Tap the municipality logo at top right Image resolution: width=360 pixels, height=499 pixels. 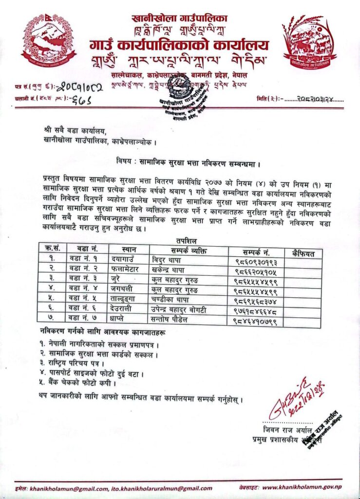point(310,44)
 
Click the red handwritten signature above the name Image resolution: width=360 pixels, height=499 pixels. point(295,395)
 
